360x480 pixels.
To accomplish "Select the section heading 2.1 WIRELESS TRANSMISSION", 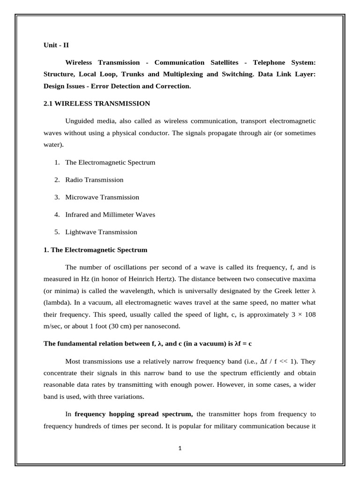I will tap(97, 103).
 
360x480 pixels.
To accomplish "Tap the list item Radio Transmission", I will tap(94, 180).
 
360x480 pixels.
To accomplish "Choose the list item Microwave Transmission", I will tap(102, 197).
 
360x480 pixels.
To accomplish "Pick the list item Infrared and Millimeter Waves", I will tap(110, 215).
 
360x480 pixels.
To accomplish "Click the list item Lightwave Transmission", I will tap(101, 232).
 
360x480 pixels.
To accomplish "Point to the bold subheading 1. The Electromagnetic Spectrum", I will tap(95, 250).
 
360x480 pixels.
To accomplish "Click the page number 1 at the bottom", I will tap(180, 448).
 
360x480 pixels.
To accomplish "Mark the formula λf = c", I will tap(242, 344).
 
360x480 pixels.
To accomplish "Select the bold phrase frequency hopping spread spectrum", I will tap(134, 414).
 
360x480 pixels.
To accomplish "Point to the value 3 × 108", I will tap(302, 315).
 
